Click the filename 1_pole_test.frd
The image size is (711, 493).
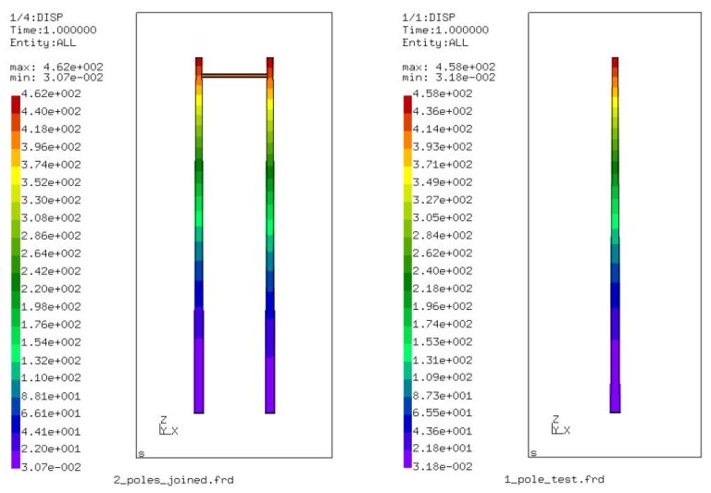click(x=554, y=479)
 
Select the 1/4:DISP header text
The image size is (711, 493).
click(x=33, y=18)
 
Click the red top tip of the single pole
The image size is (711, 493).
click(x=615, y=61)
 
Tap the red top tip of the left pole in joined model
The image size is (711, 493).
click(x=198, y=62)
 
